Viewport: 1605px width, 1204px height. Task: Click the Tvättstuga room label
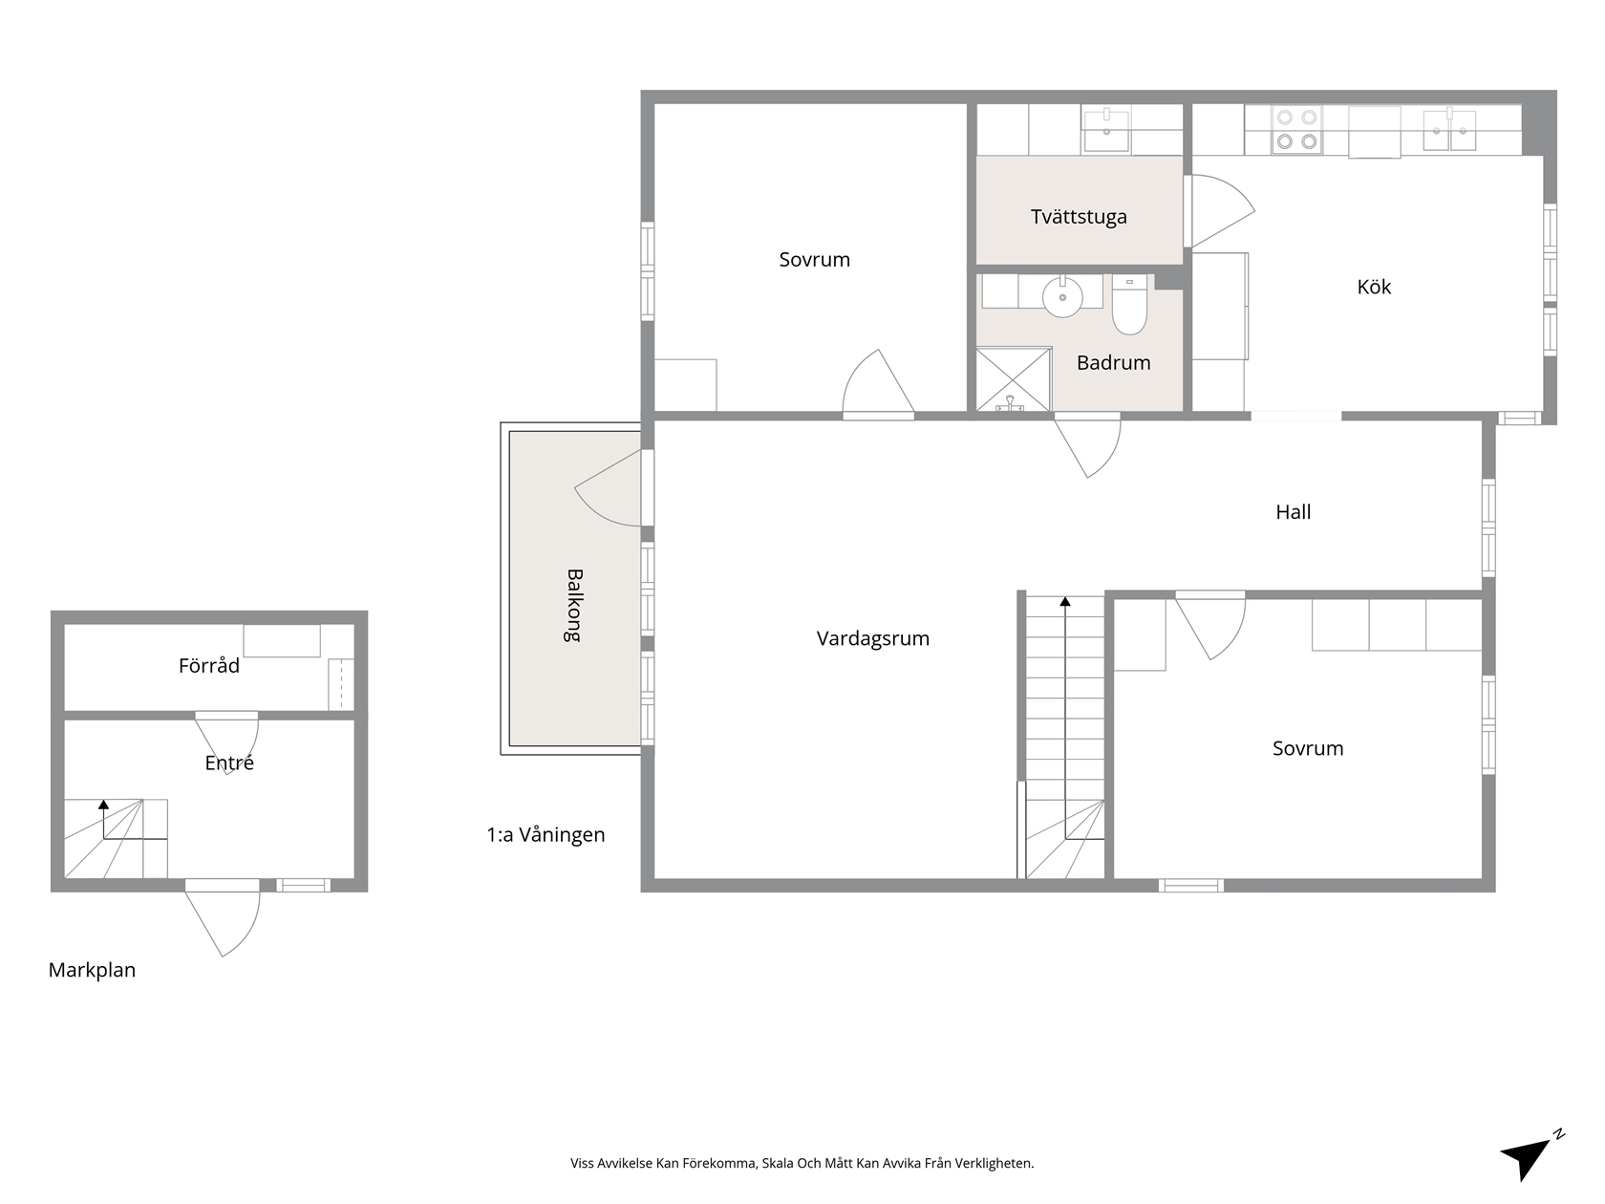pos(1079,217)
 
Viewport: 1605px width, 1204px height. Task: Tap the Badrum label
pos(1114,362)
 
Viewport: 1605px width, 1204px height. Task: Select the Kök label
pos(1374,287)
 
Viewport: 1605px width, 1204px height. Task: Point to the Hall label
pos(1293,512)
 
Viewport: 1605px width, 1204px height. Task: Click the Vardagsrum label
pos(873,639)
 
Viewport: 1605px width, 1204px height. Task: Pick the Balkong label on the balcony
pos(574,605)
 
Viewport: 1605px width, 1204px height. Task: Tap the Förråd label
pos(209,665)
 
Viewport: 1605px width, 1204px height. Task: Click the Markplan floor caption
pos(92,970)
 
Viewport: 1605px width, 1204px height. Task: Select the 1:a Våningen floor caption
pos(546,835)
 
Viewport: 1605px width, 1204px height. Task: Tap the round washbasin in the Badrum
pos(1062,297)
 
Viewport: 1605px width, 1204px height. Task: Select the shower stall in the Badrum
pos(1014,379)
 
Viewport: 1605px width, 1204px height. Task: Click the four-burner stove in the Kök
pos(1296,129)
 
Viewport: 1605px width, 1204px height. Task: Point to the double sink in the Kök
pos(1449,131)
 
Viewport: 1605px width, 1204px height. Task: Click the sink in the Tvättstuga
pos(1106,130)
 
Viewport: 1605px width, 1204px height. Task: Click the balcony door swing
pos(609,487)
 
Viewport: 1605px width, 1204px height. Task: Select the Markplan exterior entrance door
pos(223,918)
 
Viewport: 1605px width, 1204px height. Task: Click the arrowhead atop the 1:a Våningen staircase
pos(1065,602)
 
